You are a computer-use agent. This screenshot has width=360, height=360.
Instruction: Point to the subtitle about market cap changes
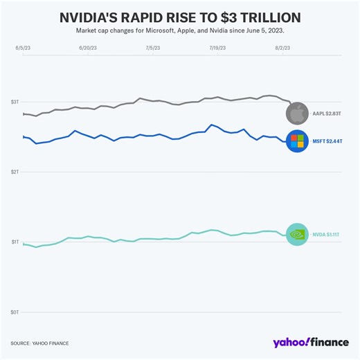179,30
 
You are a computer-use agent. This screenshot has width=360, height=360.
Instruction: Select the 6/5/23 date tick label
23,48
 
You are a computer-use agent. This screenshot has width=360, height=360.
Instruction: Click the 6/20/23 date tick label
88,48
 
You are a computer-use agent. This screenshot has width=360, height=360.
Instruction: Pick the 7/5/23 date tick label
152,48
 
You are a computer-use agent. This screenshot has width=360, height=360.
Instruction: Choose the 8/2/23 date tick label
282,48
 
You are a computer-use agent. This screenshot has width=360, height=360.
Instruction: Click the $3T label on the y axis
15,102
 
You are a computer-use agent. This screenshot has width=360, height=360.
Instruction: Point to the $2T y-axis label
15,172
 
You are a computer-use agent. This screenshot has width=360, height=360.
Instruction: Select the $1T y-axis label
15,242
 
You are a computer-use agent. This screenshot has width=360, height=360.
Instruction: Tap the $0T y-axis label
15,312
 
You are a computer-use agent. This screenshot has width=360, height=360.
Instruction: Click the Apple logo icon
296,112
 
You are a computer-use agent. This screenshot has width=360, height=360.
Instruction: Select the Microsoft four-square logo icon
296,141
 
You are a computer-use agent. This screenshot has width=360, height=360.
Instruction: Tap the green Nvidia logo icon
296,235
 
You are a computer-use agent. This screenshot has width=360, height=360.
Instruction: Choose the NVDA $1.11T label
325,235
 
